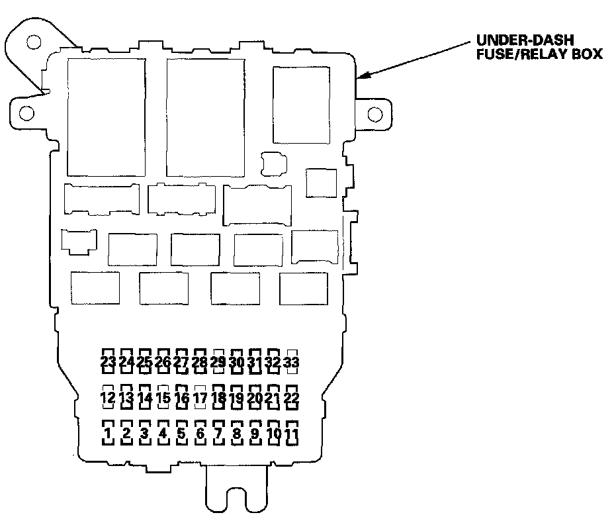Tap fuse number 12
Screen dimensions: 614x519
coord(108,398)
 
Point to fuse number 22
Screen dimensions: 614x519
coord(291,398)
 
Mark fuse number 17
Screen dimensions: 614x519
coord(200,398)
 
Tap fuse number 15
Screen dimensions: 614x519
coord(163,398)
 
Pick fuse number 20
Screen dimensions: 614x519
coord(255,398)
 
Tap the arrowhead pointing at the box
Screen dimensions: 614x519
coord(361,76)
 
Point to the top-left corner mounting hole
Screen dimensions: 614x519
coord(32,44)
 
